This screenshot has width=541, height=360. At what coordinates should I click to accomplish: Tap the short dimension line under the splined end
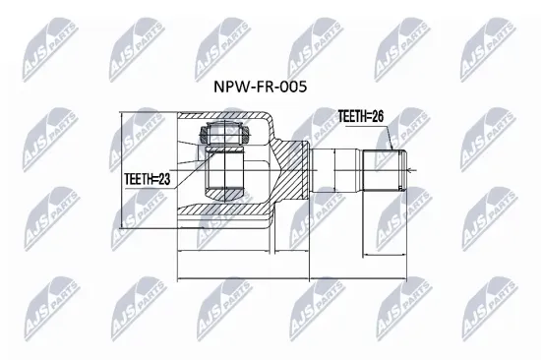click(x=384, y=255)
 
